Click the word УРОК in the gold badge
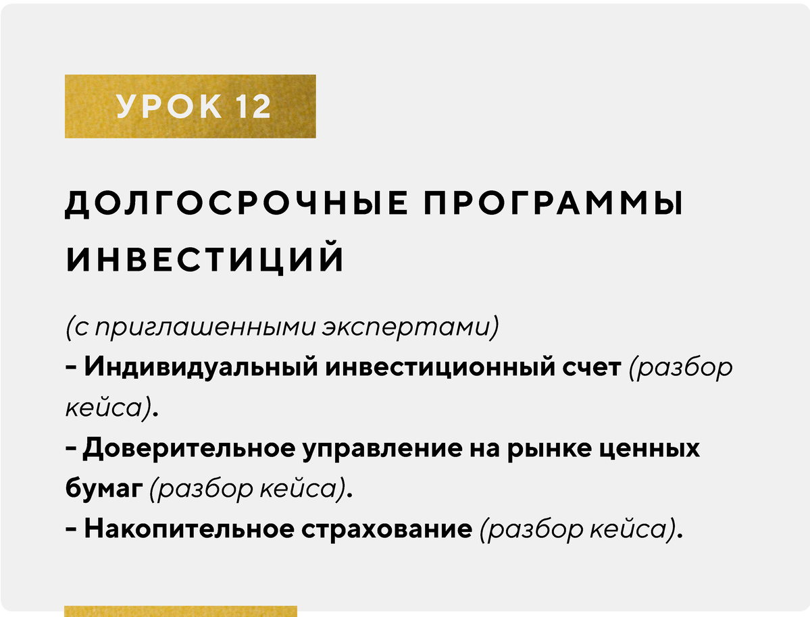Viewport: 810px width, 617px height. click(170, 107)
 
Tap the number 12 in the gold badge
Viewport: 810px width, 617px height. click(253, 107)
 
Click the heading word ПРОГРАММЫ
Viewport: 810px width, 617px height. click(553, 203)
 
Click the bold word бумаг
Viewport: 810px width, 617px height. click(104, 489)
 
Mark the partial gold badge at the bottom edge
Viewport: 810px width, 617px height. click(181, 612)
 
